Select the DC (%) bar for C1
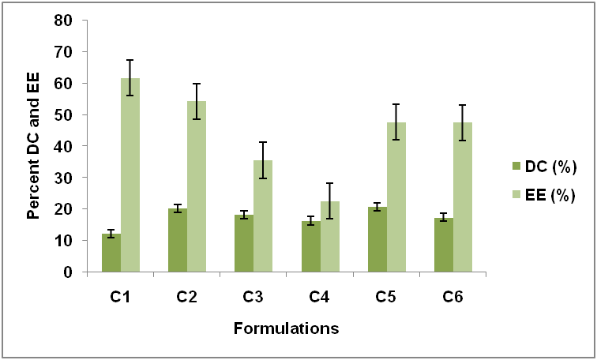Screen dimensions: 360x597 pyautogui.click(x=111, y=253)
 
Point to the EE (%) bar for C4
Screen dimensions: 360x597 pyautogui.click(x=329, y=237)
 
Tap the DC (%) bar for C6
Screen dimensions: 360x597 pyautogui.click(x=444, y=245)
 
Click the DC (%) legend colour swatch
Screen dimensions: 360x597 pyautogui.click(x=516, y=167)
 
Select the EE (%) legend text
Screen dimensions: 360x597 pyautogui.click(x=552, y=194)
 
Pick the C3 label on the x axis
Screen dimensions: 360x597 pyautogui.click(x=253, y=298)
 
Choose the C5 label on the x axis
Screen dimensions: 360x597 pyautogui.click(x=386, y=298)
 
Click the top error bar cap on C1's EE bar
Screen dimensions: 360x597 pyautogui.click(x=130, y=60)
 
